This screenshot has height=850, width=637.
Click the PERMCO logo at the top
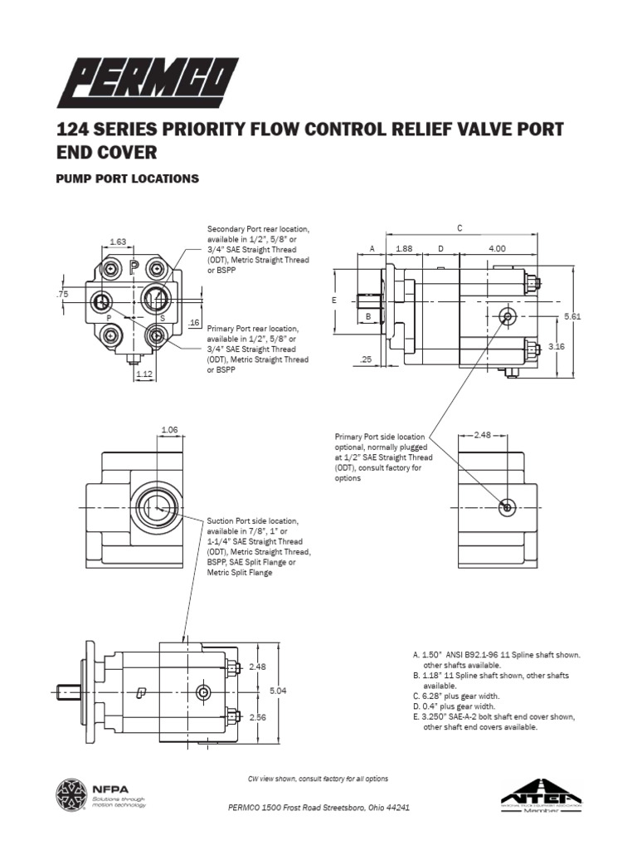pos(148,81)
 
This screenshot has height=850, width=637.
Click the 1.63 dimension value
pos(118,242)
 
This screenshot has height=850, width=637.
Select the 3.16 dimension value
pos(556,346)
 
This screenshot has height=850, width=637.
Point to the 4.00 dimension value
pos(498,248)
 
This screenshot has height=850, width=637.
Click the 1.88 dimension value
pos(404,248)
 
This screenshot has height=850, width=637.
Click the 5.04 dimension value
pos(277,690)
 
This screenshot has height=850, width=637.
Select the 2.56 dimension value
pos(256,718)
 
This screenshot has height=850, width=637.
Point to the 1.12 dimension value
pos(144,374)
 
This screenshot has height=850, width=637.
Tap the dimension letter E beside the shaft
pos(333,300)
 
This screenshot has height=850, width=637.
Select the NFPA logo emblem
pos(71,794)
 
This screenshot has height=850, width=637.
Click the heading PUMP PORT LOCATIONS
pos(127,178)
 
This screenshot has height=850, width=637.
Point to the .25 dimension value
pos(366,359)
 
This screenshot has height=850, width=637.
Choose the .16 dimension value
pos(195,322)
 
